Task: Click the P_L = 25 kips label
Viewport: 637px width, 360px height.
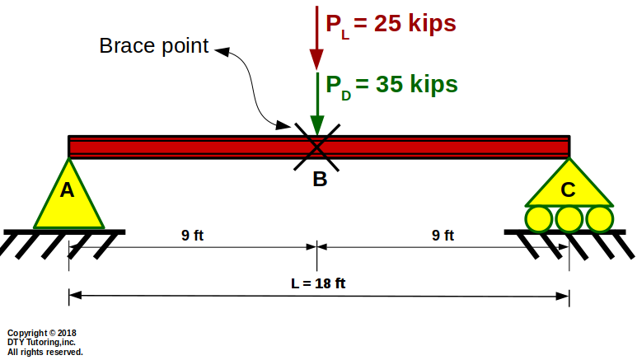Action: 390,24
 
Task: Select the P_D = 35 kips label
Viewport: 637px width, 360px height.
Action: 391,84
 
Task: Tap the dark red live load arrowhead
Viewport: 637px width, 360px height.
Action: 316,58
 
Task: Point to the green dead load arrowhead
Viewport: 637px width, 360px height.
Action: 316,124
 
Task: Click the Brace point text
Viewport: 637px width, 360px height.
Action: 154,46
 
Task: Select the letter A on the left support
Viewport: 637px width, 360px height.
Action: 68,191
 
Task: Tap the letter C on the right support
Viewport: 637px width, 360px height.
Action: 569,190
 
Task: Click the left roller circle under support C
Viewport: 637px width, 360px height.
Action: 540,218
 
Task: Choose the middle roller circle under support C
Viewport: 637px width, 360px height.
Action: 569,218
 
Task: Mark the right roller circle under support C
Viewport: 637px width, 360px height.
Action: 599,218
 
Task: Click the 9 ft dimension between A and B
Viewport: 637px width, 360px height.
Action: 192,236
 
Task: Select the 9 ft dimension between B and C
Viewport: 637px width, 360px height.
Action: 443,236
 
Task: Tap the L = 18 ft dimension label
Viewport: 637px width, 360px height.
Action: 318,283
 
